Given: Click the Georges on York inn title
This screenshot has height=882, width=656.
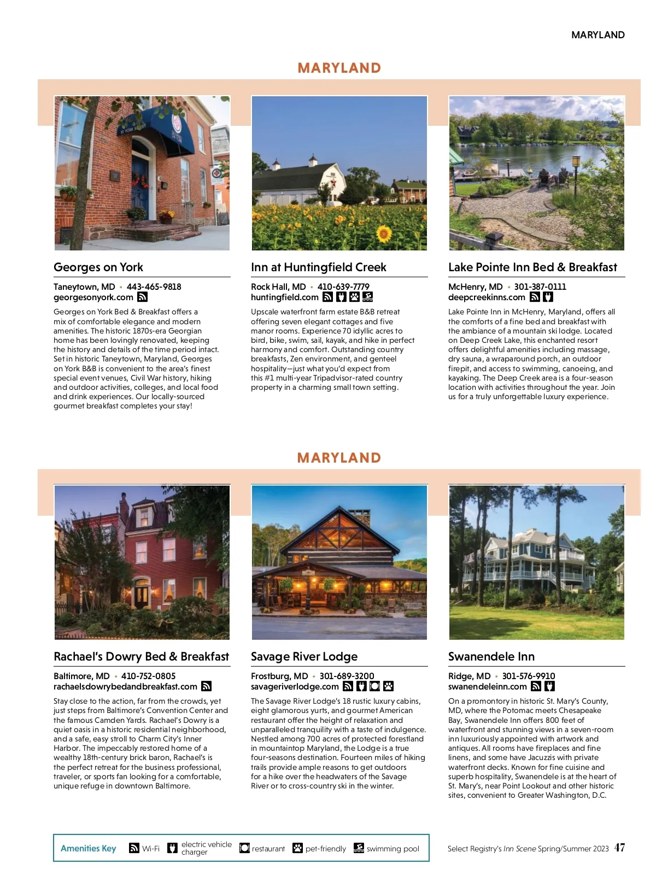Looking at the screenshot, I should pos(98,267).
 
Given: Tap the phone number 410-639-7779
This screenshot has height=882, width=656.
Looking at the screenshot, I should pos(343,287).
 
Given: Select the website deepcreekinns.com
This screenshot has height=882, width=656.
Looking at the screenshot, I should pos(487,297).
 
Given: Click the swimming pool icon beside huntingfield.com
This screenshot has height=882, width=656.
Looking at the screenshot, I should pos(368,297).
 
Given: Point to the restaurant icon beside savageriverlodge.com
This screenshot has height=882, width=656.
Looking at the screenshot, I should pos(374,686).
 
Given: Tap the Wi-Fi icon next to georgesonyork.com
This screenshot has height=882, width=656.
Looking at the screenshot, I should pos(142,297).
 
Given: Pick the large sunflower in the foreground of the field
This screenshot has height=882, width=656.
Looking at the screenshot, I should pos(384,234).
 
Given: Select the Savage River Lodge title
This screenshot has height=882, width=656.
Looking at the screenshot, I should pos(304,657).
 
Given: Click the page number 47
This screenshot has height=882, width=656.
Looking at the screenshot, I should pos(619,848).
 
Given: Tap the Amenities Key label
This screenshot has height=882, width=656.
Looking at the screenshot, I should pos(89,848).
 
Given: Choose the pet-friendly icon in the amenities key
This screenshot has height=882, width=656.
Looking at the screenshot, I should pos(297,848).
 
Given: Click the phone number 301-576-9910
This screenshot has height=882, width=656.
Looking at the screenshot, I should pos(528,676).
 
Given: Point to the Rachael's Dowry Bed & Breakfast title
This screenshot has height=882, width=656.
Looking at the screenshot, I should pos(141,657).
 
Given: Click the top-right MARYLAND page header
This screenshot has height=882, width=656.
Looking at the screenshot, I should pos(598,35).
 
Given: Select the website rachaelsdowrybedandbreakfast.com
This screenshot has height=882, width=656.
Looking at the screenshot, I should pos(125,686).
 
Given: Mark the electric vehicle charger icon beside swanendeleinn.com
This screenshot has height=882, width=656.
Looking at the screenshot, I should pos(549,686).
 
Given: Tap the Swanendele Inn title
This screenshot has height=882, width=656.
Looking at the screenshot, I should pos(491,657).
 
